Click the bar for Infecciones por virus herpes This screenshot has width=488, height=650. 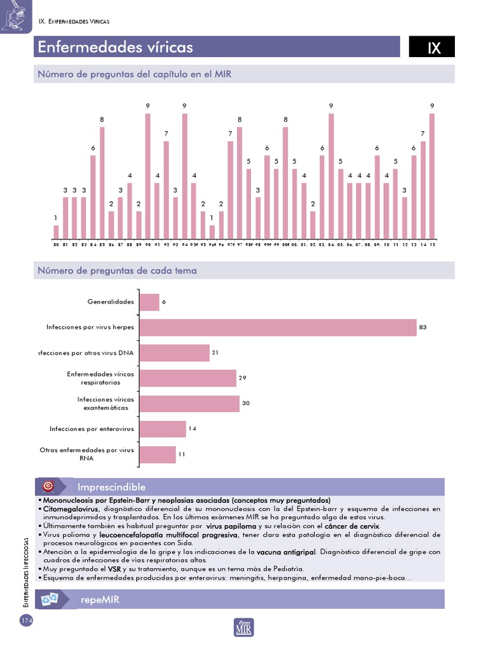[278, 328]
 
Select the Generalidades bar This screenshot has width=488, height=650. [149, 302]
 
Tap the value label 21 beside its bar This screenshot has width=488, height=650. [215, 352]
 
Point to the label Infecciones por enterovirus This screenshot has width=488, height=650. [92, 429]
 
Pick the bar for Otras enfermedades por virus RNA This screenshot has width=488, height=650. [158, 454]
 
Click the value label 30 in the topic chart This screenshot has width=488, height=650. [246, 403]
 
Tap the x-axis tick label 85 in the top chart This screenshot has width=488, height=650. [102, 244]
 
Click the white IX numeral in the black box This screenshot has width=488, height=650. [434, 48]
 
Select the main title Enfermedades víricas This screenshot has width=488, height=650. [115, 48]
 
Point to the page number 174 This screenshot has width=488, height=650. [26, 620]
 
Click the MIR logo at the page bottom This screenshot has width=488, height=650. [244, 627]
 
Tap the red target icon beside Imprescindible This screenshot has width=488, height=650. [48, 487]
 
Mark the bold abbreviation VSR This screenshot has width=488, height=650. [114, 569]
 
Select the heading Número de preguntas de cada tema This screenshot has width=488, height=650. [118, 270]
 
